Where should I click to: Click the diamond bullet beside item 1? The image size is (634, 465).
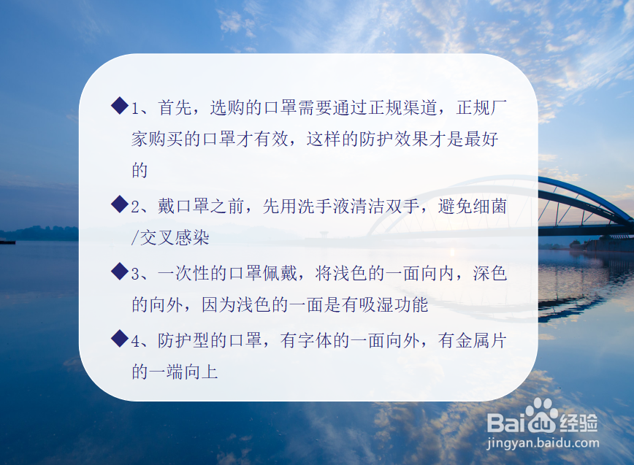pyautogui.click(x=120, y=106)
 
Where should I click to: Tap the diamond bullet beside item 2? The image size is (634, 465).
pyautogui.click(x=120, y=204)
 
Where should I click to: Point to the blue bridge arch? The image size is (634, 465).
pyautogui.click(x=584, y=191)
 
